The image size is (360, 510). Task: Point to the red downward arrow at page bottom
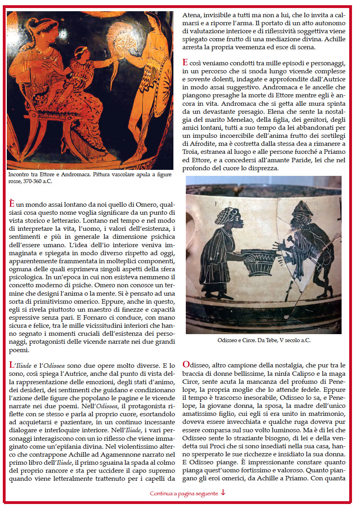pyautogui.click(x=223, y=493)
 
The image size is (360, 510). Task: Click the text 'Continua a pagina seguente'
pyautogui.click(x=184, y=494)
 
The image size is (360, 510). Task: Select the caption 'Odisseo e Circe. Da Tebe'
pyautogui.click(x=263, y=340)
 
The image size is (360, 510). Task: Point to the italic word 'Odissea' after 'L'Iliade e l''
pyautogui.click(x=56, y=365)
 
